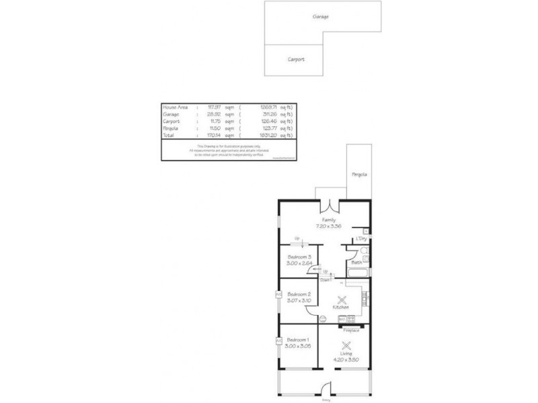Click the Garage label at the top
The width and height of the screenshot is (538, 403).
pyautogui.click(x=320, y=17)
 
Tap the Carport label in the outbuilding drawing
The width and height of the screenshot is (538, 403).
pyautogui.click(x=296, y=60)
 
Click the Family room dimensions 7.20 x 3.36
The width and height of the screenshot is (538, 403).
pyautogui.click(x=328, y=226)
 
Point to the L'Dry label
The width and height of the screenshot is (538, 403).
pyautogui.click(x=361, y=238)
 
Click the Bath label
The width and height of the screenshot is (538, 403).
pyautogui.click(x=356, y=263)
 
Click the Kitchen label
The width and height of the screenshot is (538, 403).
pyautogui.click(x=341, y=307)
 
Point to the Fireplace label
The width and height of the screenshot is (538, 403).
pyautogui.click(x=351, y=330)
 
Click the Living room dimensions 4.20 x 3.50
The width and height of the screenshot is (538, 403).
pyautogui.click(x=346, y=359)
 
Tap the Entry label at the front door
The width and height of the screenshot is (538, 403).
pyautogui.click(x=325, y=400)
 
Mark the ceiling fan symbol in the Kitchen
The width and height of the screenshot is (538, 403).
pyautogui.click(x=341, y=298)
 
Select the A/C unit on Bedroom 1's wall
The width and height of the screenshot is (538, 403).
pyautogui.click(x=278, y=341)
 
